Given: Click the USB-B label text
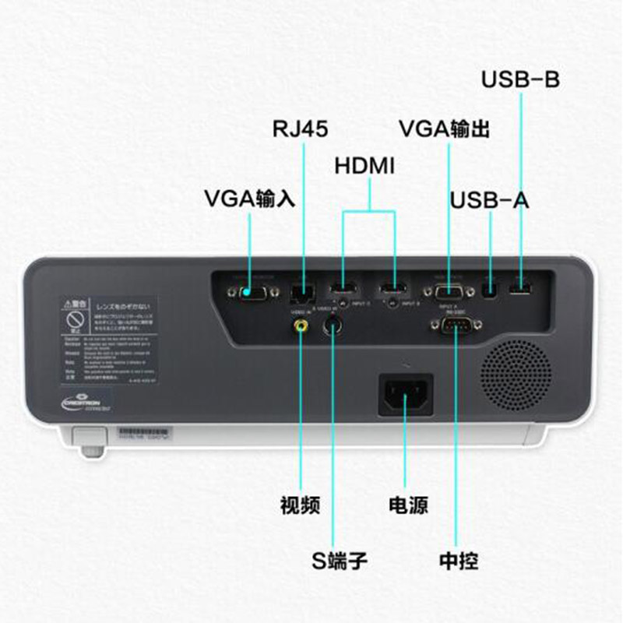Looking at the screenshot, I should point(520,79).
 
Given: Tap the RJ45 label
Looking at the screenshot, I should point(300,127).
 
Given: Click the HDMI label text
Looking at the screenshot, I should point(364,165).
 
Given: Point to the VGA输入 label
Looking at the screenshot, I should point(249,198).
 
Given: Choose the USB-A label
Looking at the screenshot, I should point(489,200).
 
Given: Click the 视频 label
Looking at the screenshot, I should point(300,505).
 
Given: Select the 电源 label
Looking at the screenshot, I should point(407,505).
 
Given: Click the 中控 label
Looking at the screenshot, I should point(458,560).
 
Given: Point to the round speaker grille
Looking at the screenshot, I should point(516,375).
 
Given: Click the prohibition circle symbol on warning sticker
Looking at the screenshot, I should point(75,319).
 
